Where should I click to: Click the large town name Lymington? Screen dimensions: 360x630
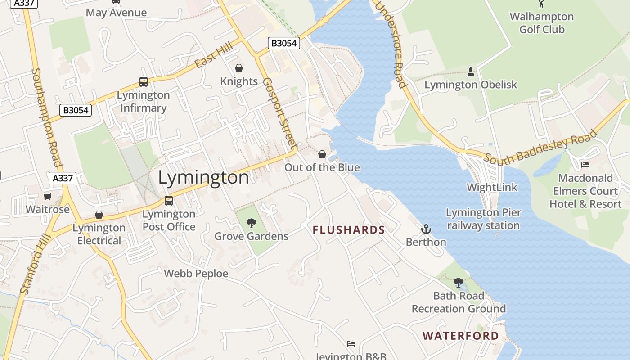[203, 178]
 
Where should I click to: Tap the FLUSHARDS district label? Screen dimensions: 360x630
[349, 230]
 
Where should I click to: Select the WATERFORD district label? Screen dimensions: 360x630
[461, 336]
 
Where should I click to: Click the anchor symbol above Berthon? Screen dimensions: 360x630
[426, 229]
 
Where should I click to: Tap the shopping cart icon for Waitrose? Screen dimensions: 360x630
[48, 197]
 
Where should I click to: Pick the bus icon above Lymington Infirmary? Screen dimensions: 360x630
[144, 82]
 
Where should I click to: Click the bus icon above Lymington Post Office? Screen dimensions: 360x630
[169, 201]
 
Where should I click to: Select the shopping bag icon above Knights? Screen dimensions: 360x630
[239, 68]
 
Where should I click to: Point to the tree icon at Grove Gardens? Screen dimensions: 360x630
[252, 223]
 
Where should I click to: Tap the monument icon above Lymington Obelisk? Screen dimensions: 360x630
[471, 72]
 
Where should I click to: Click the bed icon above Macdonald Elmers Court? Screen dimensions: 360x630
[585, 165]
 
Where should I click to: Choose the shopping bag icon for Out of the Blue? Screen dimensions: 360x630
[322, 155]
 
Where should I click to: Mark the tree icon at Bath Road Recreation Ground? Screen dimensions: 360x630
[459, 283]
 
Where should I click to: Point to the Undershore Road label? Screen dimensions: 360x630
[391, 45]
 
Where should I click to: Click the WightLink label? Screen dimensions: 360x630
[492, 187]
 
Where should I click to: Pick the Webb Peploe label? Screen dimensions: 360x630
[196, 274]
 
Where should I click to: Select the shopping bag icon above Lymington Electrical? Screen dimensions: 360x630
[99, 215]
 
